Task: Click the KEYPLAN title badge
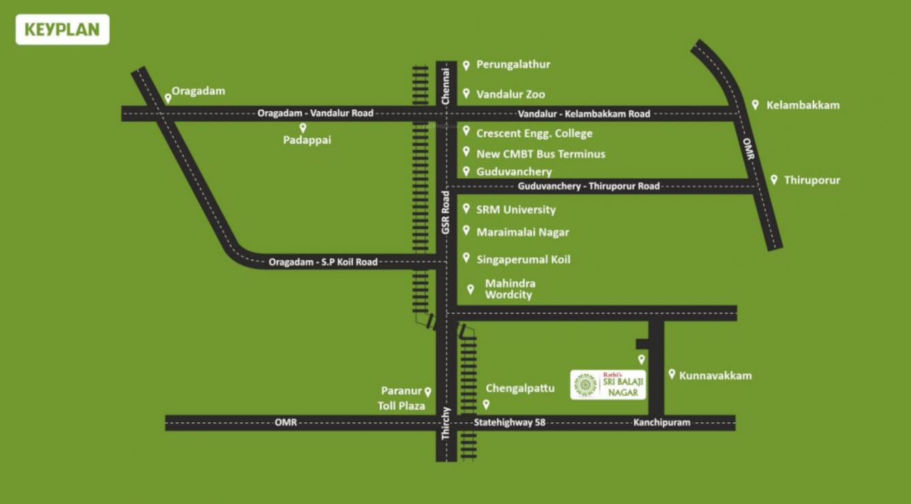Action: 62,29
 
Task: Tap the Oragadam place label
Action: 198,91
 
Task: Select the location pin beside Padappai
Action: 303,128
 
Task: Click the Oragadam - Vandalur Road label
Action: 315,113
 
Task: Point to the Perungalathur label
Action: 513,65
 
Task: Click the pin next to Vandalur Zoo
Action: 466,93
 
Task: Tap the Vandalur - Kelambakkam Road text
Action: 584,114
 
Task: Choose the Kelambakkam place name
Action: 803,105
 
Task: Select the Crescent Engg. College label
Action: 534,134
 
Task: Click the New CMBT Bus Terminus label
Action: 540,154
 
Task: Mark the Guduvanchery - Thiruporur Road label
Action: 588,186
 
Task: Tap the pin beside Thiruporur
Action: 774,179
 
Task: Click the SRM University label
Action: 516,210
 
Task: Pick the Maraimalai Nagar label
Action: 522,233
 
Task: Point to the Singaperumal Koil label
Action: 523,260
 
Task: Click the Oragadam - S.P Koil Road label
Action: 323,262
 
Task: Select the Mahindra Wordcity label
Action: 509,289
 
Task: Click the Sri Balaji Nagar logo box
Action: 608,385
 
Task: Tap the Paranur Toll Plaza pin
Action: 428,391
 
